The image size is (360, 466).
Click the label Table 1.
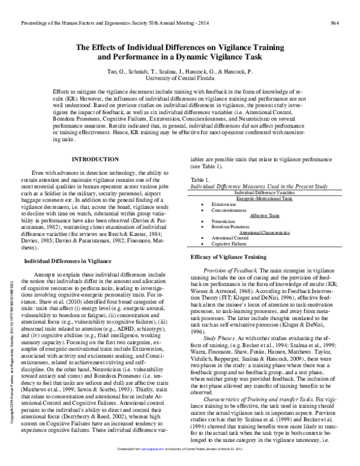(x=200, y=196)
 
